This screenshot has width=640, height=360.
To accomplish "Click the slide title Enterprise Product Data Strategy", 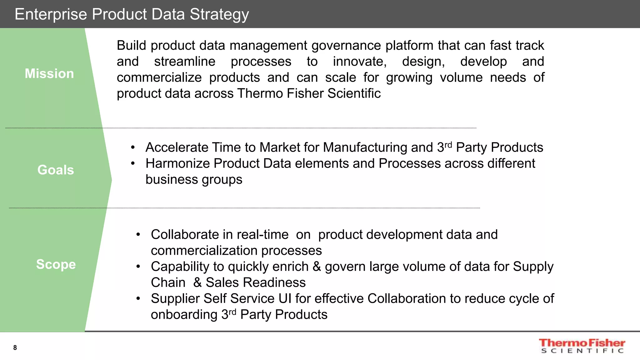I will click(x=132, y=14).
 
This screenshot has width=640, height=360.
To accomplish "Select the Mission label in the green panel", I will click(x=49, y=74).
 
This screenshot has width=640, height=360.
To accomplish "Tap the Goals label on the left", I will click(x=56, y=170).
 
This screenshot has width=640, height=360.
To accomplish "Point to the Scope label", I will click(x=56, y=264).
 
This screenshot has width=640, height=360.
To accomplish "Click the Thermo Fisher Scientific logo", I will click(x=582, y=346).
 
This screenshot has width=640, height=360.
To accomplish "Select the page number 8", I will click(x=15, y=347).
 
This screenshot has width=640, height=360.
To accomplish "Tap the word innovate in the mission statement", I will click(x=360, y=62).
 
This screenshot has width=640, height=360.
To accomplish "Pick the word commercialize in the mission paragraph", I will click(x=159, y=77).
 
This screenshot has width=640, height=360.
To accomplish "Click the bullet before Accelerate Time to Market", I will click(x=133, y=147).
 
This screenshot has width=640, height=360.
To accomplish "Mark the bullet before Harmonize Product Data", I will click(x=133, y=163).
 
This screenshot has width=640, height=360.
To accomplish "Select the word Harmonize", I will click(x=177, y=163).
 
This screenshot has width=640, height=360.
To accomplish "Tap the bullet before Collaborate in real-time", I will click(x=138, y=235).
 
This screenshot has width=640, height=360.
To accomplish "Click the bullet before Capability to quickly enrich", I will click(x=138, y=267).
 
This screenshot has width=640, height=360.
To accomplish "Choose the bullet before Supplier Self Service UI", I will click(x=138, y=298).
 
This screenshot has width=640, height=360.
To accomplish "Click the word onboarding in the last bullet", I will click(x=184, y=314).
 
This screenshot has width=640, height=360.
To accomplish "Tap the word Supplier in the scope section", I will click(x=175, y=298).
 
